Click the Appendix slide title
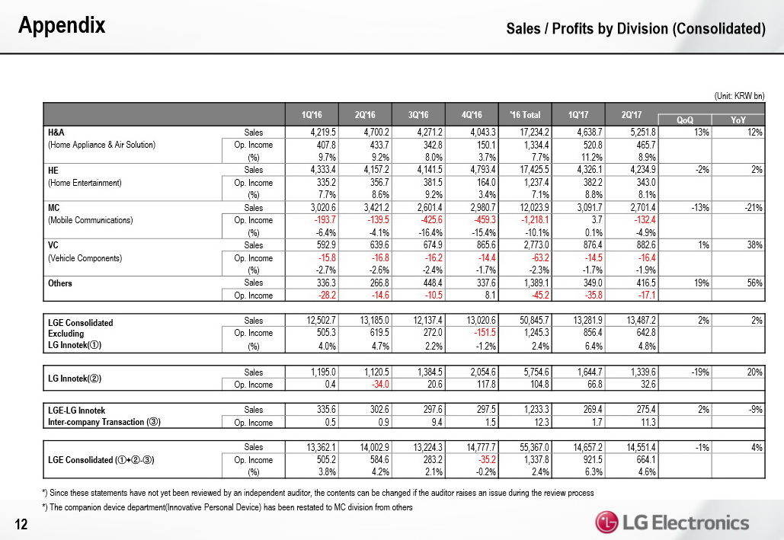62,26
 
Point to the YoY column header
738,120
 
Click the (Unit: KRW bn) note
738,95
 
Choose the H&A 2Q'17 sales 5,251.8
641,132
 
